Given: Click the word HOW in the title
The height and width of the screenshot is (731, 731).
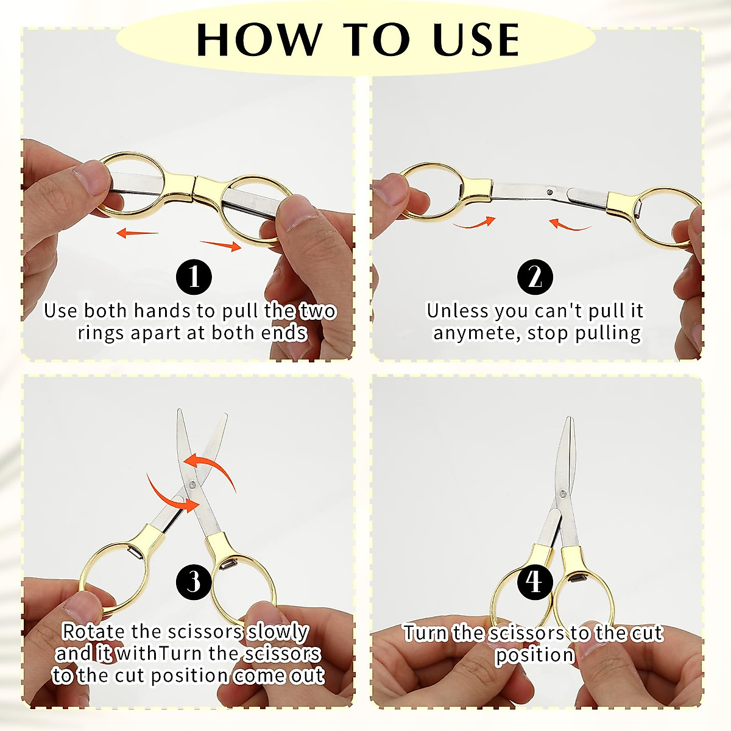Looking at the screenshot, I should (258, 40).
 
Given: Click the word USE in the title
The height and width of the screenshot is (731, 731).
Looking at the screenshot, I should (476, 40).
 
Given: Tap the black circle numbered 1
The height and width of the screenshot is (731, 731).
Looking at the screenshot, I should (194, 278).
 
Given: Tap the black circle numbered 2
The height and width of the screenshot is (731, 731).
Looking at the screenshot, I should (535, 278).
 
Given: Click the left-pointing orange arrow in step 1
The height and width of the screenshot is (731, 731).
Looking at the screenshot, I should (137, 232).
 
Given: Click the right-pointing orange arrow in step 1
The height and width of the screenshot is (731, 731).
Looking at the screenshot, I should (221, 245).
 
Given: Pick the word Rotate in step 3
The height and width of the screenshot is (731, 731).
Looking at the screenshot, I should (93, 632).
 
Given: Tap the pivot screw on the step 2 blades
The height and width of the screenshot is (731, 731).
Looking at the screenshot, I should (549, 192).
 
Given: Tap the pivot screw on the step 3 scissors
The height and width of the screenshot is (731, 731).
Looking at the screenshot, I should (192, 484).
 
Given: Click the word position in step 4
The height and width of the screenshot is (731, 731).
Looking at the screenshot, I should (534, 655).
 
